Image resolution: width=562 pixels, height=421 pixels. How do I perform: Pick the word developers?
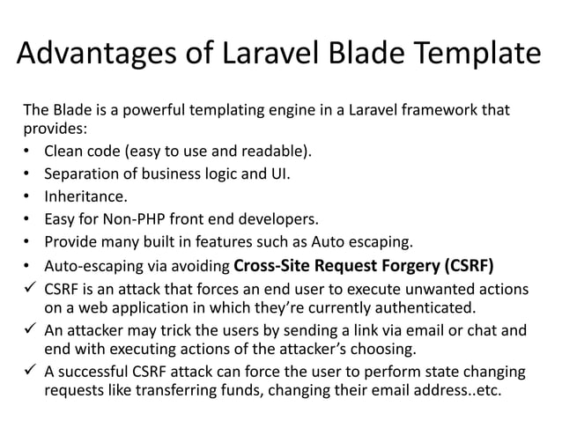pos(275,218)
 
